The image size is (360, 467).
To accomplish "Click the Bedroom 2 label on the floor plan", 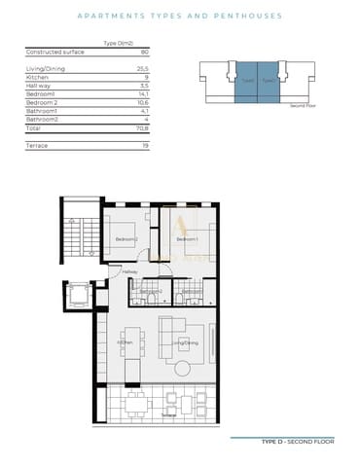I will pos(126,239).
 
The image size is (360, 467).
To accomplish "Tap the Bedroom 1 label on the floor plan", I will pos(188,239).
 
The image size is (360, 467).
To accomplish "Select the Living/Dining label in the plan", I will pos(185,343).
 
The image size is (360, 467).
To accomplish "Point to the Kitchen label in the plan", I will pos(126,343).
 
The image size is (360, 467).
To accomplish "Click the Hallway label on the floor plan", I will pos(129,271).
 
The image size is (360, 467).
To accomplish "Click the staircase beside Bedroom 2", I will pos(79,238).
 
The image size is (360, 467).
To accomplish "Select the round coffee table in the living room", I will pos(185,367).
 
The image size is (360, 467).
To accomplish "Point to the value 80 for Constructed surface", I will pos(144,51).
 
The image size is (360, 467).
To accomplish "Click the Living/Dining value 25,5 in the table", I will pos(142,69).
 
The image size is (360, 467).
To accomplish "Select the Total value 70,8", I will pos(142,126).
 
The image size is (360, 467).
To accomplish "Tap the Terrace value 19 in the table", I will pos(144,144).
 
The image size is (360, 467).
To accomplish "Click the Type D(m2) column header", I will pos(117,44).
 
